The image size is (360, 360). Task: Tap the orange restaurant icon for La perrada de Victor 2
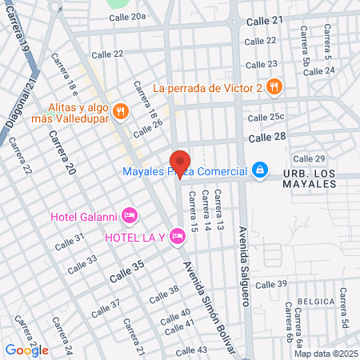pyautogui.click(x=274, y=86)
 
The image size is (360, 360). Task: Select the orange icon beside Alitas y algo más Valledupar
pyautogui.click(x=121, y=111)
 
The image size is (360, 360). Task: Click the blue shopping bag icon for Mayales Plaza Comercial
pyautogui.click(x=259, y=170)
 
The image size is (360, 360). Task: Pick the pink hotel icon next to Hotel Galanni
pyautogui.click(x=131, y=215)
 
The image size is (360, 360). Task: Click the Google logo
pyautogui.click(x=26, y=350)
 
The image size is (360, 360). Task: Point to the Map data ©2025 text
pyautogui.click(x=325, y=354)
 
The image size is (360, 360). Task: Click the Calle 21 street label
pyautogui.click(x=266, y=20)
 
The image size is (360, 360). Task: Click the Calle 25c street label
pyautogui.click(x=266, y=117)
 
